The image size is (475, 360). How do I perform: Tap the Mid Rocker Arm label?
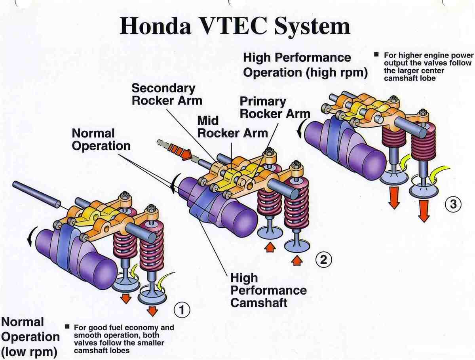[x=232, y=126]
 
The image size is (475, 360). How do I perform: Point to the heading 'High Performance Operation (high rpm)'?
[x=305, y=65]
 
